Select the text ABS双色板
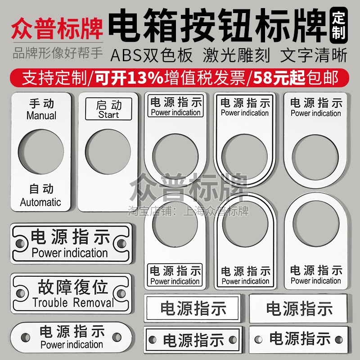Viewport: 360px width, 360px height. (x=152, y=55)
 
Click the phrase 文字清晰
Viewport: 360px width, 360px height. (x=314, y=55)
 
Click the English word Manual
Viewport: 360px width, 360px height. (x=41, y=116)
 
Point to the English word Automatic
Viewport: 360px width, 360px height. (x=40, y=202)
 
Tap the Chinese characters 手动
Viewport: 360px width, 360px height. (x=41, y=103)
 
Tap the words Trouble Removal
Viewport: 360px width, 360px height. (x=73, y=302)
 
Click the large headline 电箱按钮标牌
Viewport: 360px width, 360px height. (x=220, y=25)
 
